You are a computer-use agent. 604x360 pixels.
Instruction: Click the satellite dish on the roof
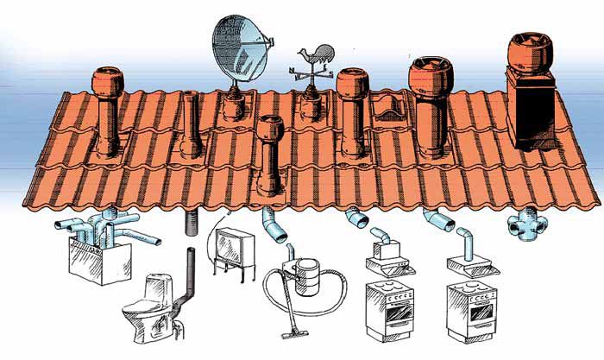click(x=242, y=42)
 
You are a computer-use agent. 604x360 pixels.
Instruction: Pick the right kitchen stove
click(x=469, y=310)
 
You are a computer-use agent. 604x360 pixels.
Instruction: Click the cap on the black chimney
click(x=532, y=53)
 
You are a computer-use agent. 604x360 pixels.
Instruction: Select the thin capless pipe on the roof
click(x=190, y=121)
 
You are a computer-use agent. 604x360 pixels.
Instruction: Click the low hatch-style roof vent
click(x=392, y=108)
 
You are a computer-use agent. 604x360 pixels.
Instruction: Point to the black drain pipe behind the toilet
click(x=190, y=285)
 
